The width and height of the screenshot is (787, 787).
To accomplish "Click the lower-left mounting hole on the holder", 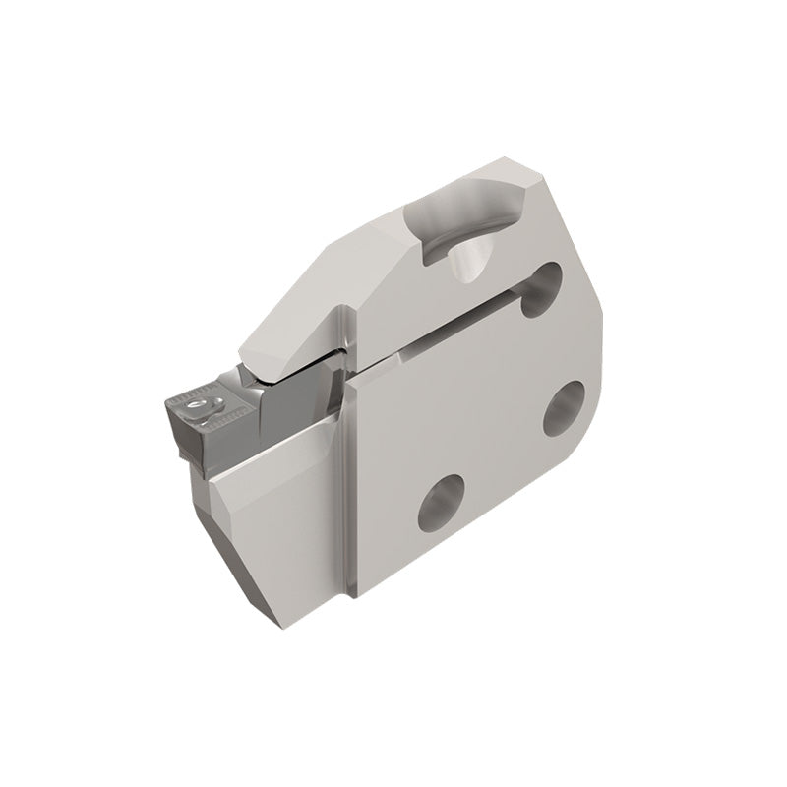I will click(x=439, y=500).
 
